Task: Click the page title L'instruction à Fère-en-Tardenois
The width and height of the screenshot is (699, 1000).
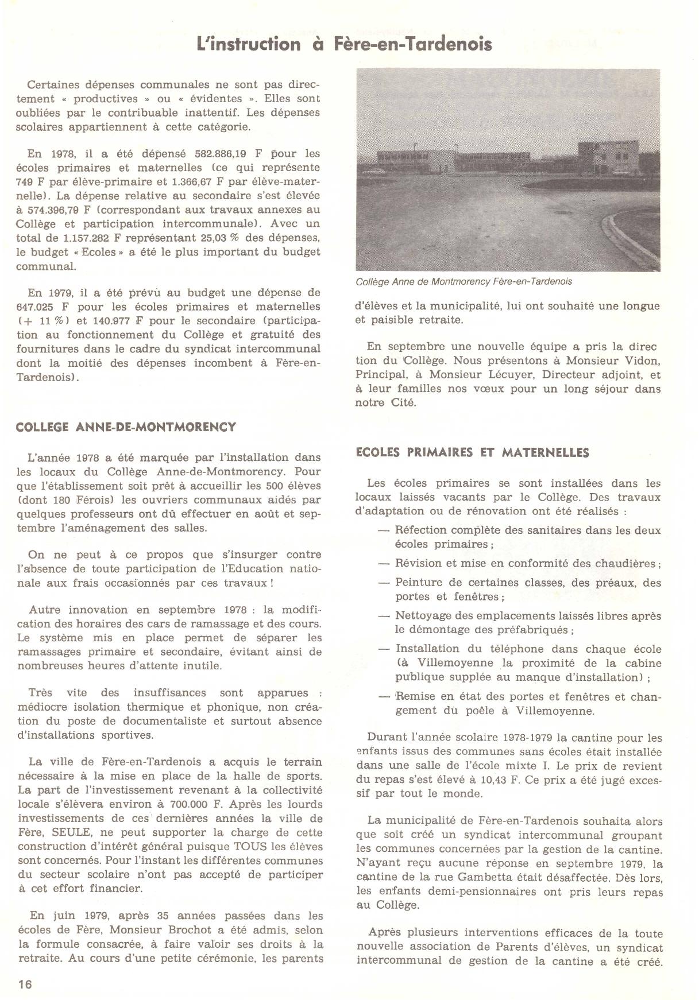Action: click(344, 45)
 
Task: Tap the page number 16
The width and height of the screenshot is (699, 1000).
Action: click(25, 984)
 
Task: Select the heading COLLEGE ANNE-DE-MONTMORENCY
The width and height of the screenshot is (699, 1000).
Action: click(126, 427)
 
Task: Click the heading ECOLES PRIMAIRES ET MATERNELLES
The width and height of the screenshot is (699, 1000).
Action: click(472, 453)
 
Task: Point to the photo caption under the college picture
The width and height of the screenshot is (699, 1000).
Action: click(464, 282)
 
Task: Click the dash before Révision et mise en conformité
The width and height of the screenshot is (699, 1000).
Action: click(384, 563)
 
